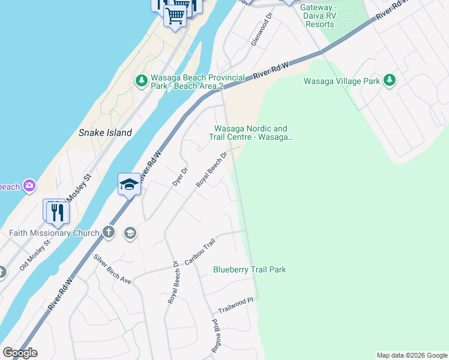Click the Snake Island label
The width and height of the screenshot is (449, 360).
tap(105, 133)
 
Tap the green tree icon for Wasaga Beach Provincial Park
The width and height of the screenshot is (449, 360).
tap(142, 80)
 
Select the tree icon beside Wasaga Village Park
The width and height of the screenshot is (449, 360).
tap(389, 80)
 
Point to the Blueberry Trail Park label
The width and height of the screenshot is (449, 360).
tap(249, 269)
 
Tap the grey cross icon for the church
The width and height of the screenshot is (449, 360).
tap(108, 232)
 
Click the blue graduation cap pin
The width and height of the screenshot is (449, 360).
tap(129, 184)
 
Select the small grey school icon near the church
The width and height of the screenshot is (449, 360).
tap(129, 233)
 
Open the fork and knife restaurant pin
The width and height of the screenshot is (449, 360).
tap(58, 211)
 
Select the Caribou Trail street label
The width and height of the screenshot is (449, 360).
tap(199, 253)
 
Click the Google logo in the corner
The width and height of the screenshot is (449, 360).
tap(20, 353)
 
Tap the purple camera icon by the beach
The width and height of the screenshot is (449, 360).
tap(29, 186)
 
